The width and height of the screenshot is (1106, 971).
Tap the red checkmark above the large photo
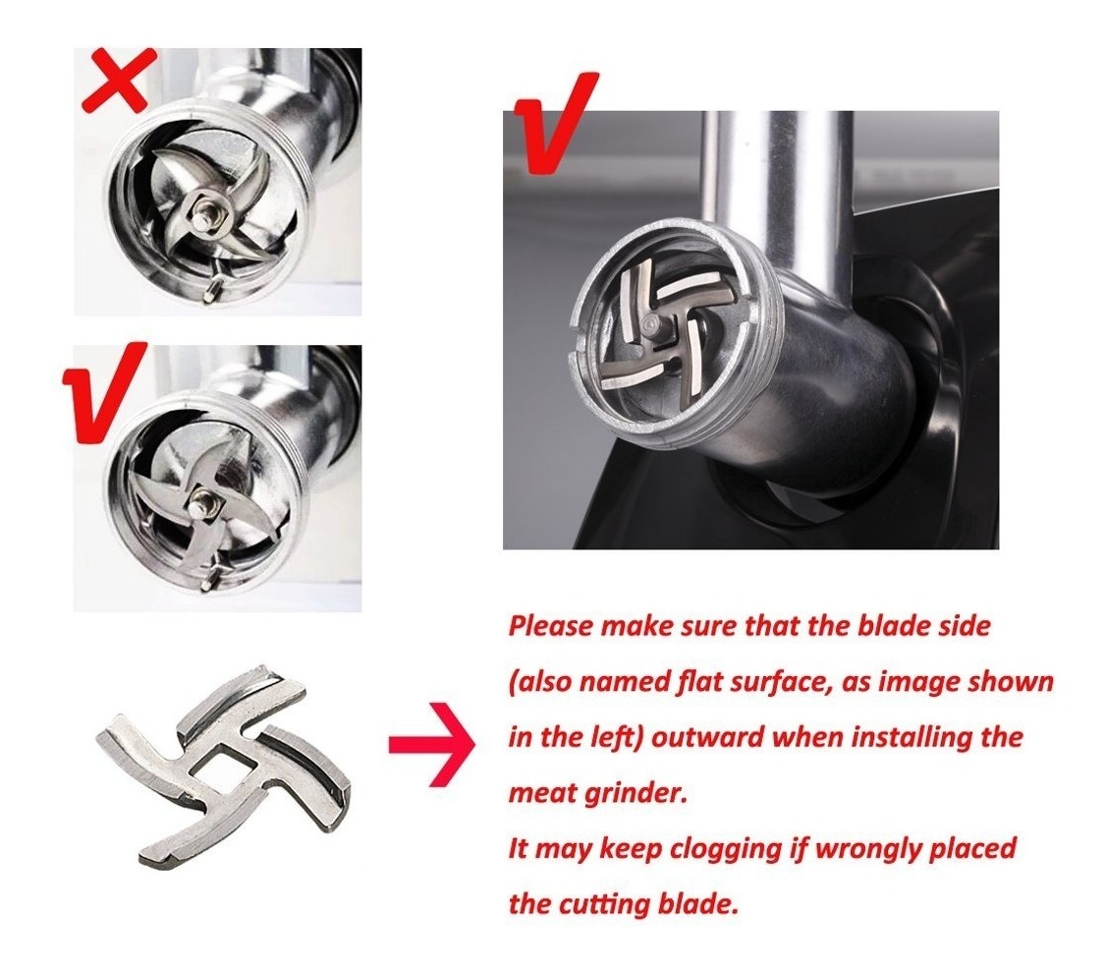pos(555,123)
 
